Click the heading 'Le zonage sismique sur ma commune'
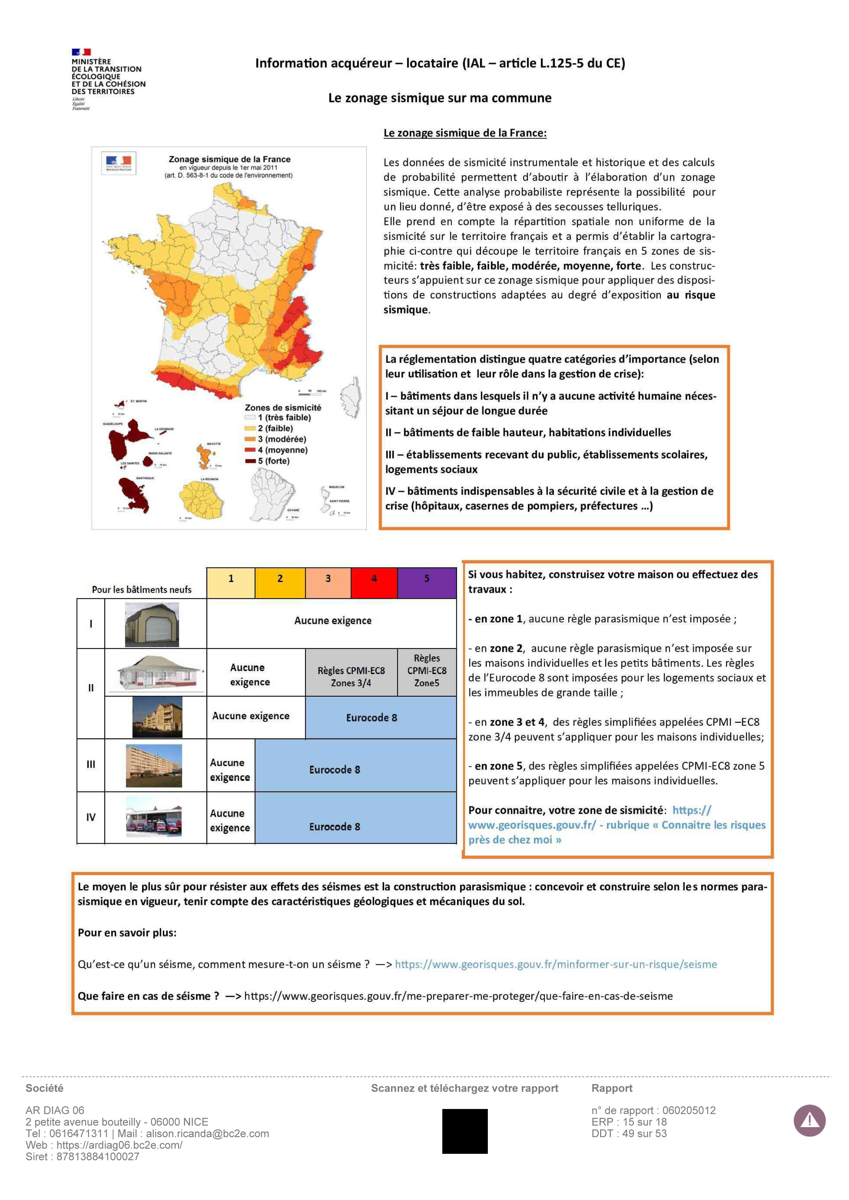tap(440, 98)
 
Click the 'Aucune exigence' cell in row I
tap(332, 621)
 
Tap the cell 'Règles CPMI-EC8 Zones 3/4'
tap(351, 676)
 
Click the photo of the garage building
tap(152, 624)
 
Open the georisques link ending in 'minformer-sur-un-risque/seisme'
tap(556, 964)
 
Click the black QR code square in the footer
tap(465, 1131)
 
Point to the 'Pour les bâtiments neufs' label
tap(142, 590)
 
